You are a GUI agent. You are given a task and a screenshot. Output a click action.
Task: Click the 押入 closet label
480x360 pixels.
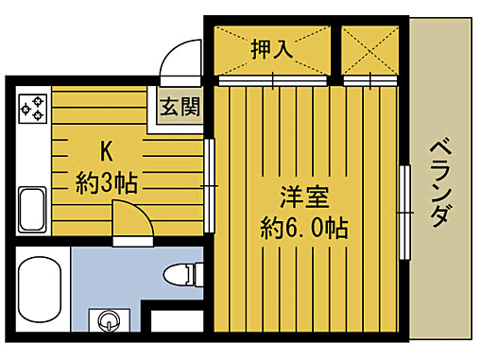270,48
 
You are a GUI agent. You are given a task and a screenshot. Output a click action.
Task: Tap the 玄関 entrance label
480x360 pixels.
179,106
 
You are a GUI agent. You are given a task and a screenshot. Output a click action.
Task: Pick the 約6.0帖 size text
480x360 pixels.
303,229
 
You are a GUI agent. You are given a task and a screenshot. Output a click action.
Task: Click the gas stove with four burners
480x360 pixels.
32,107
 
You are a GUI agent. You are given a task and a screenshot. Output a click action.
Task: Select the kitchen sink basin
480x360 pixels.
33,209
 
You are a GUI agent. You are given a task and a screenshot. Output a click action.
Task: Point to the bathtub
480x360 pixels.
40,289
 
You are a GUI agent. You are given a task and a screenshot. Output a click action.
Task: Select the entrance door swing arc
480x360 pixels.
180,61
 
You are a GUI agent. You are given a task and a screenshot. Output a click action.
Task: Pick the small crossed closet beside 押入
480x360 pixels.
370,48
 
